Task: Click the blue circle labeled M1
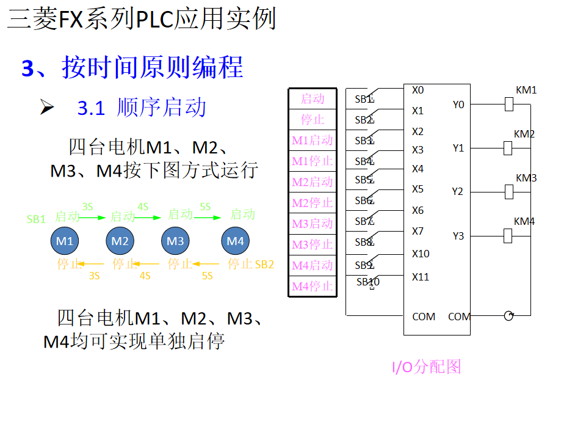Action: (x=65, y=241)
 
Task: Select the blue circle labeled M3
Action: (x=175, y=241)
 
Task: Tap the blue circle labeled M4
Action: (x=236, y=241)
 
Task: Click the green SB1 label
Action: (x=37, y=219)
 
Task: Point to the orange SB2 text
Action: (x=264, y=265)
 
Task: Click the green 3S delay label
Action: (x=88, y=207)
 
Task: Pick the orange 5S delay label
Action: (x=207, y=276)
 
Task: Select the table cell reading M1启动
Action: (x=313, y=141)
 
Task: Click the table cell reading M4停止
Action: (x=313, y=286)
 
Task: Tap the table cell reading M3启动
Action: (x=313, y=224)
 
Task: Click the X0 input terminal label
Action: (x=418, y=90)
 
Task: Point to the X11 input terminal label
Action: (x=421, y=277)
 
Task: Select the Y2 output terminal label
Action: (x=458, y=192)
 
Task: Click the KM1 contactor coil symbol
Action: (x=508, y=105)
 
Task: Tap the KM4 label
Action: (x=524, y=221)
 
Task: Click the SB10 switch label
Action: (x=368, y=282)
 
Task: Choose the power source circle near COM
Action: (x=508, y=316)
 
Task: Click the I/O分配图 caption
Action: (x=426, y=367)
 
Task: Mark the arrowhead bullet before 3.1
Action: (x=47, y=108)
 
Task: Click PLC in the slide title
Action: (x=154, y=20)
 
